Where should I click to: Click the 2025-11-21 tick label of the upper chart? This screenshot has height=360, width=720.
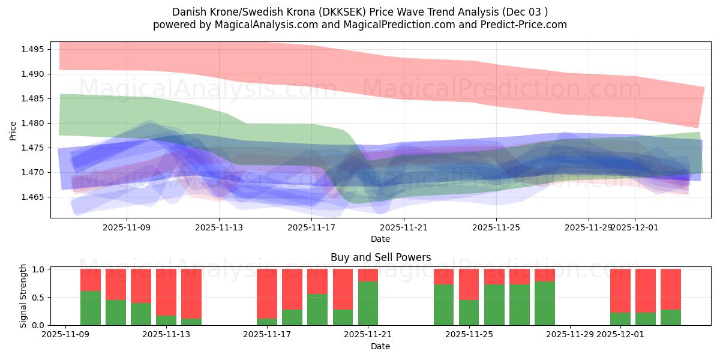pyautogui.click(x=404, y=227)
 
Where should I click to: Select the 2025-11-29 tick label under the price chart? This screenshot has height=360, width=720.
pyautogui.click(x=589, y=227)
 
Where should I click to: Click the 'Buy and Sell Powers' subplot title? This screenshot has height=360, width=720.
pyautogui.click(x=380, y=257)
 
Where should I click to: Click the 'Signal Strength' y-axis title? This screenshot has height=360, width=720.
pyautogui.click(x=23, y=296)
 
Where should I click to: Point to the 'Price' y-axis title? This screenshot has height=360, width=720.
pyautogui.click(x=13, y=130)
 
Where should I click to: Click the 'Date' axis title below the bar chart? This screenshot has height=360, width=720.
pyautogui.click(x=380, y=346)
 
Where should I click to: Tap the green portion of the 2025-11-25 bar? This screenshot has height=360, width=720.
pyautogui.click(x=469, y=312)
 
